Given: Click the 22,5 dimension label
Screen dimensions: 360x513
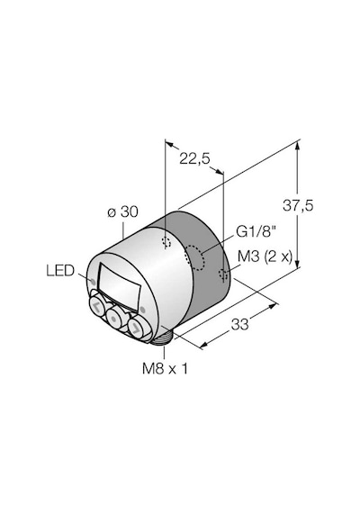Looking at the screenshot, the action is pos(194,159).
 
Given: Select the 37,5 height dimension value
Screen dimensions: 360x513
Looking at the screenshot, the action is pos(298,206).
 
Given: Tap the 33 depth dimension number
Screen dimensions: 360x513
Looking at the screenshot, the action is pos(240,325).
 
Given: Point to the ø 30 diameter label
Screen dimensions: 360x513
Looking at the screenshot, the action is pos(122,212).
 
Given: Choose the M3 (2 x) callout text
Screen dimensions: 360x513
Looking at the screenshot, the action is pos(265,257).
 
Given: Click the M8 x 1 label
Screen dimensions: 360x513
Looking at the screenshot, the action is pos(165,369).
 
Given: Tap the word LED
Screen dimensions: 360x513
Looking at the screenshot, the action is pos(60,271).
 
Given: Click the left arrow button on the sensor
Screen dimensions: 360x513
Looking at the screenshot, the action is pos(96,306).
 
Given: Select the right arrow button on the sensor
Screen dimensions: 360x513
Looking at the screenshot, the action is pos(136,328).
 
